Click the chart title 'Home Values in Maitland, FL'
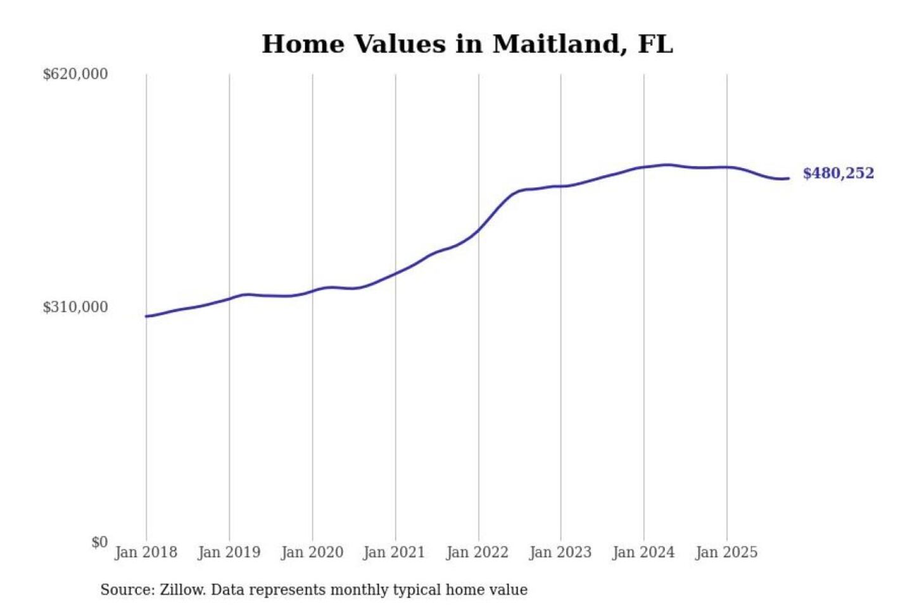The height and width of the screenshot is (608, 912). (467, 44)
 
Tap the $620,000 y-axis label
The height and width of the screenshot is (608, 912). (75, 74)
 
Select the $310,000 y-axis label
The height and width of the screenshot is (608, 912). (75, 307)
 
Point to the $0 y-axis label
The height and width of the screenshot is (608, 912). (99, 542)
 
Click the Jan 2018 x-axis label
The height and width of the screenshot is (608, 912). (146, 552)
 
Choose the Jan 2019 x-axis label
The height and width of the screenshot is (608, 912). (229, 552)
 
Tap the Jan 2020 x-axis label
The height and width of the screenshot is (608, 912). (312, 552)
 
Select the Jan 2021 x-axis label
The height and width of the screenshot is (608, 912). (394, 552)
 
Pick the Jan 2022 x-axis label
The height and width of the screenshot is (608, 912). (477, 552)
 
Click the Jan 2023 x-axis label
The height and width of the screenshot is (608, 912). (560, 552)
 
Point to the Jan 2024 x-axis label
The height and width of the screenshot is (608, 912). (643, 552)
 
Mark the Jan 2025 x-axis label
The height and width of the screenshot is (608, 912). (726, 552)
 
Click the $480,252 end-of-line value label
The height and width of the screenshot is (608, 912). (838, 173)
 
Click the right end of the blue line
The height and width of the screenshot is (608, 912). (788, 179)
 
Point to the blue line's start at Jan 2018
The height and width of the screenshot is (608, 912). (146, 316)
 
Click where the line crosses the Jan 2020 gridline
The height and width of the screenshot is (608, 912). (312, 291)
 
